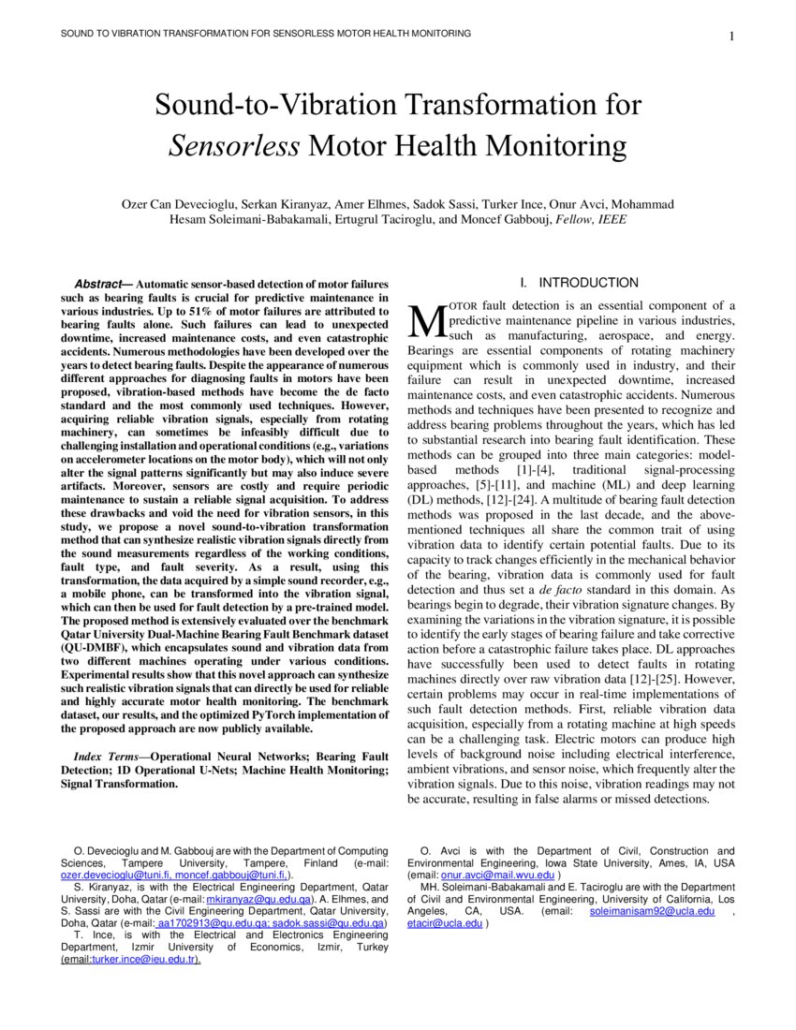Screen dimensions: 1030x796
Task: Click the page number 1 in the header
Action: (x=730, y=37)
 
